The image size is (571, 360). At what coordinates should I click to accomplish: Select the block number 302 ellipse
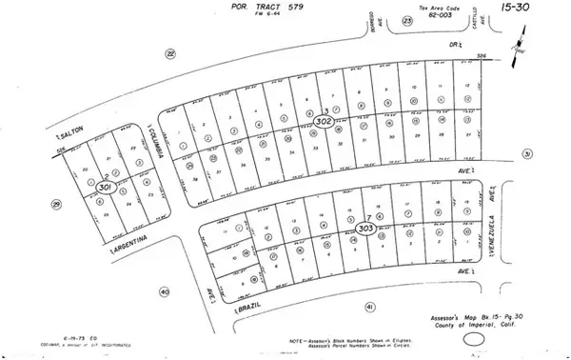(x=324, y=122)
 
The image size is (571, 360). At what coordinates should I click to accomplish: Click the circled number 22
(x=170, y=54)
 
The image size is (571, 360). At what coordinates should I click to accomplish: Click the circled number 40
(x=165, y=291)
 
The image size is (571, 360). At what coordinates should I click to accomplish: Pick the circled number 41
(x=370, y=306)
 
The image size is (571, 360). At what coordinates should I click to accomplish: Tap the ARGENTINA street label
(x=133, y=246)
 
